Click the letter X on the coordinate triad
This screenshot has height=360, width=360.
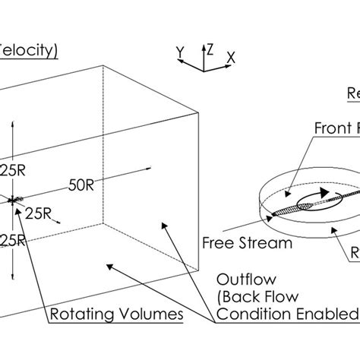[x=231, y=56]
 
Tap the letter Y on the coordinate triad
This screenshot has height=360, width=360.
[x=181, y=52]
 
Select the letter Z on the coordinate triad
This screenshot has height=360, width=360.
[x=214, y=47]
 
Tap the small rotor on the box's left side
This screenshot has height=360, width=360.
[x=13, y=201]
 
